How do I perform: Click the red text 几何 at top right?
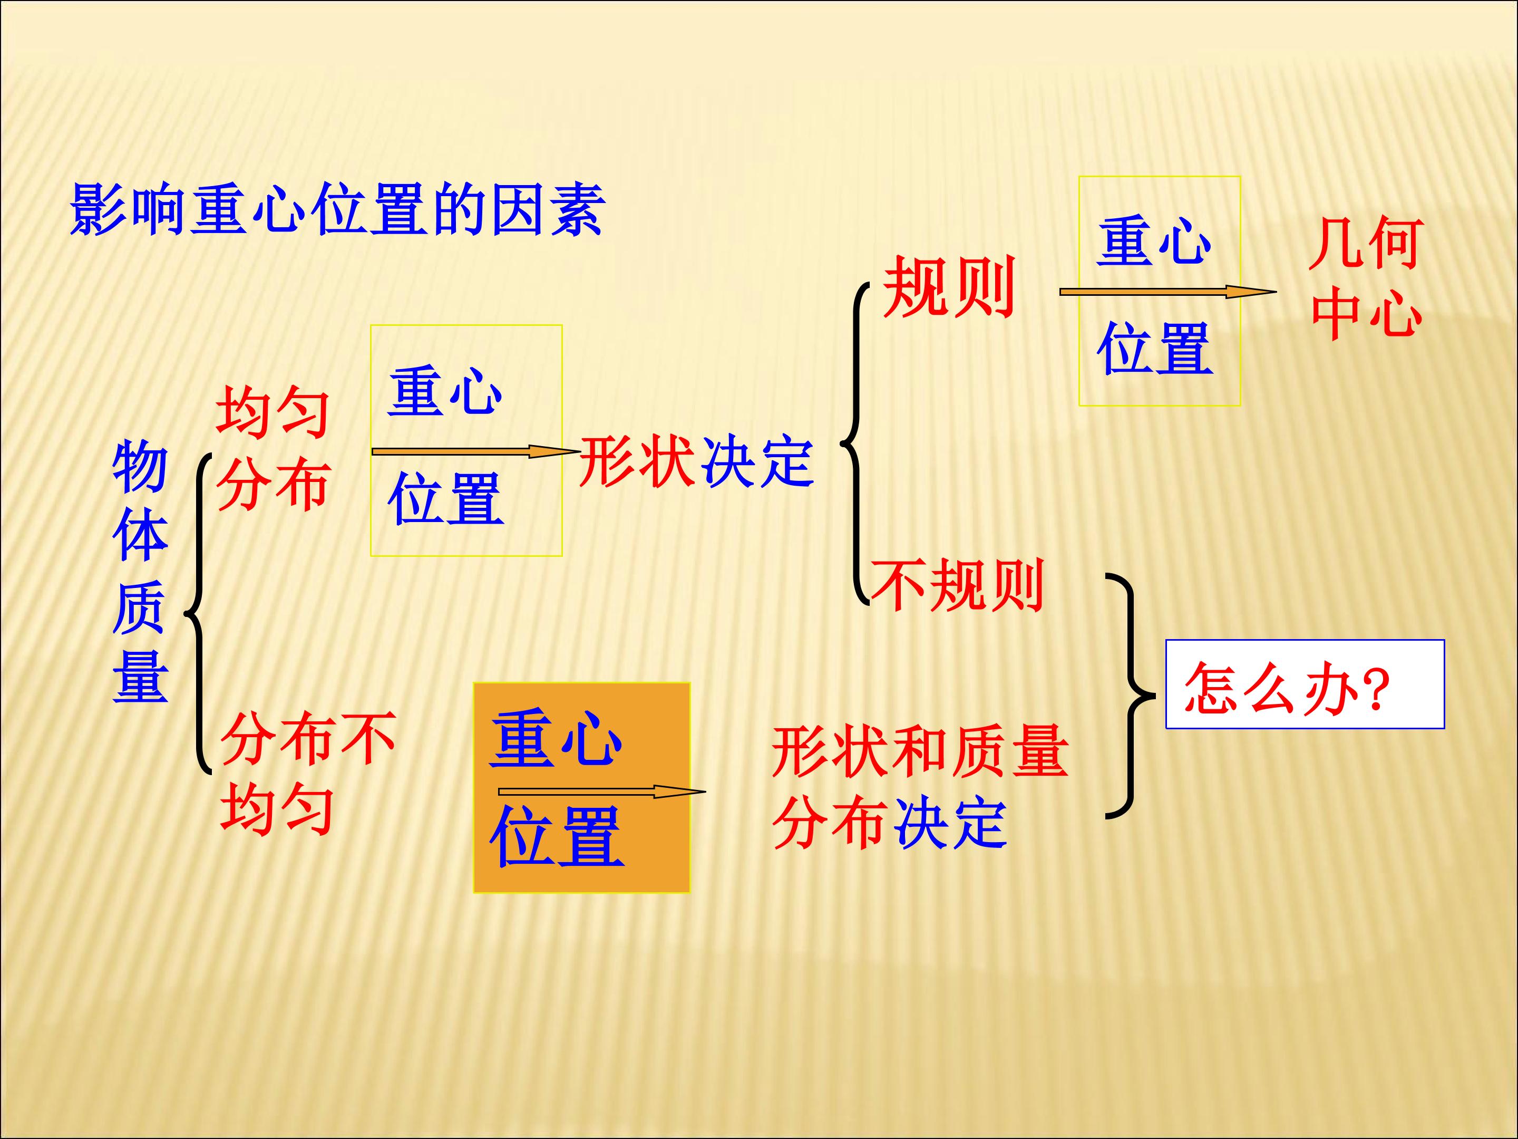pyautogui.click(x=1366, y=244)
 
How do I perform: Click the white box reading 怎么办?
pyautogui.click(x=1305, y=684)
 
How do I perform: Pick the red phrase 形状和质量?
pyautogui.click(x=920, y=751)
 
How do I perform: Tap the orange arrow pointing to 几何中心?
pyautogui.click(x=1168, y=292)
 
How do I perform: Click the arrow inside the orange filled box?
pyautogui.click(x=602, y=791)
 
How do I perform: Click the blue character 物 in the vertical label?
pyautogui.click(x=140, y=466)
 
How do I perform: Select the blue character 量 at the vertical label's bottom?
pyautogui.click(x=140, y=675)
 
